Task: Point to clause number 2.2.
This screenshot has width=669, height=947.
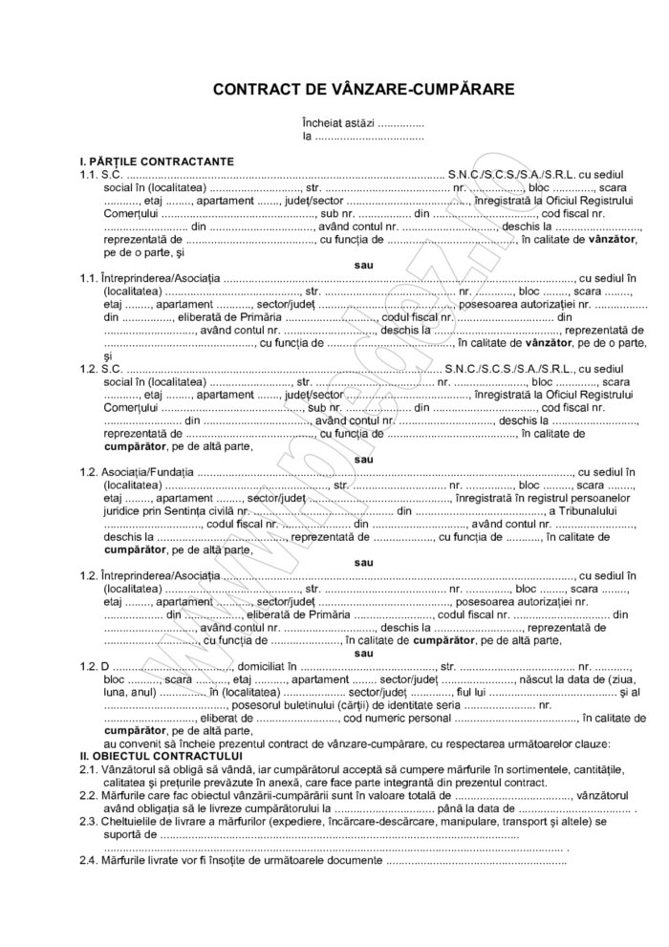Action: pyautogui.click(x=89, y=795)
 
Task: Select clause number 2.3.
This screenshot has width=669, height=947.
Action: pyautogui.click(x=89, y=821)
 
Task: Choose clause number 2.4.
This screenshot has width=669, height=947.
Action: pyautogui.click(x=89, y=860)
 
